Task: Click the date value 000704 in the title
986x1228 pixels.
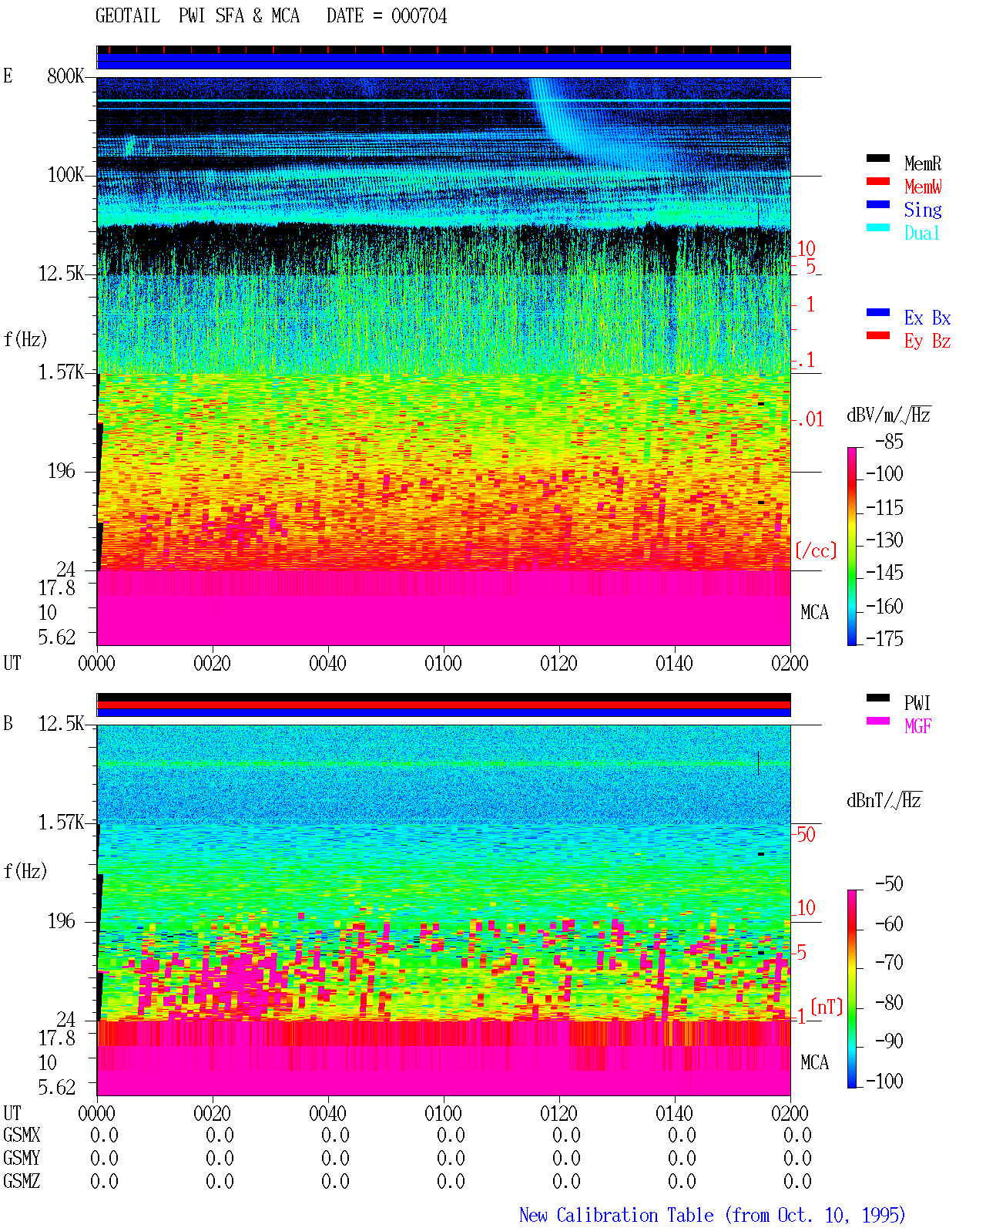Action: [418, 16]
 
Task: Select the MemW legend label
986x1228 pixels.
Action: [923, 187]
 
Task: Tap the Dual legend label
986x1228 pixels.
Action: [921, 233]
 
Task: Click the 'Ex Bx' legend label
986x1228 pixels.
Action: [927, 318]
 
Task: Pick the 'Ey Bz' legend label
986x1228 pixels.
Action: [927, 341]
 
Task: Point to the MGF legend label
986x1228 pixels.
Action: [917, 726]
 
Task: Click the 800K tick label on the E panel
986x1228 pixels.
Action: [65, 76]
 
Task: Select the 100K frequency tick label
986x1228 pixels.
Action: [65, 175]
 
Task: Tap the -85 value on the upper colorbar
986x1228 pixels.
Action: [889, 441]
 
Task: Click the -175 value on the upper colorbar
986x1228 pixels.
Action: [884, 638]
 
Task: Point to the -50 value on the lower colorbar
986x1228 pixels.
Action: [889, 884]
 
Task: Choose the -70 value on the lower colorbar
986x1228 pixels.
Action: [889, 963]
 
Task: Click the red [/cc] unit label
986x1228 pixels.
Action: [816, 550]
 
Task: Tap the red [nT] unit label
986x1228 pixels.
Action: [827, 1007]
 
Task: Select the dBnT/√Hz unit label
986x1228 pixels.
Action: [884, 801]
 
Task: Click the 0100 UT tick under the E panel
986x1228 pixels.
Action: [443, 664]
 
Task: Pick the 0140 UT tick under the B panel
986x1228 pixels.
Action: [674, 1113]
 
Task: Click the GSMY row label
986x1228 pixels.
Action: [22, 1158]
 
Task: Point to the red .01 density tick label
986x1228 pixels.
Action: [810, 420]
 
